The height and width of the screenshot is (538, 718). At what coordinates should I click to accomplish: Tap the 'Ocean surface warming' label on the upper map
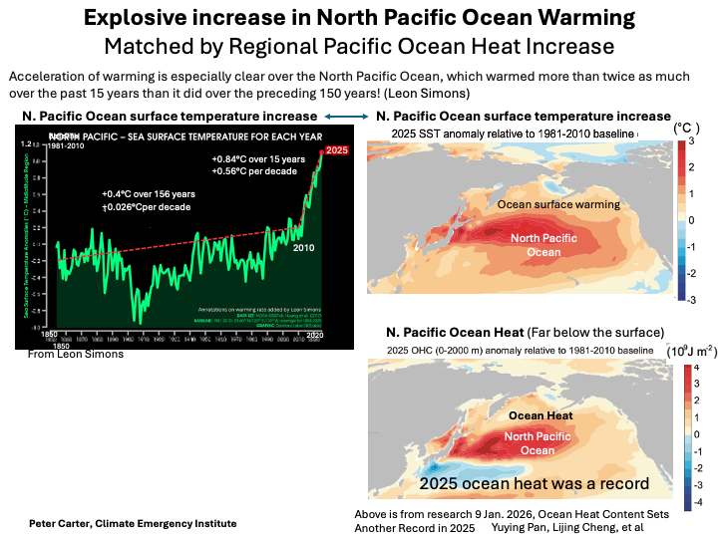pos(558,204)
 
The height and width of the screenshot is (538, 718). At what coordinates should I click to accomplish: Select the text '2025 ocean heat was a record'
pos(534,483)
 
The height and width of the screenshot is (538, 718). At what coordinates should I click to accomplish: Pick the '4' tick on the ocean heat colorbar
pos(697,369)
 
